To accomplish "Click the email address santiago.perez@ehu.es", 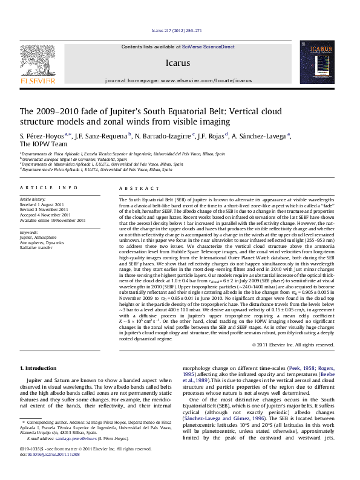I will (80, 438).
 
